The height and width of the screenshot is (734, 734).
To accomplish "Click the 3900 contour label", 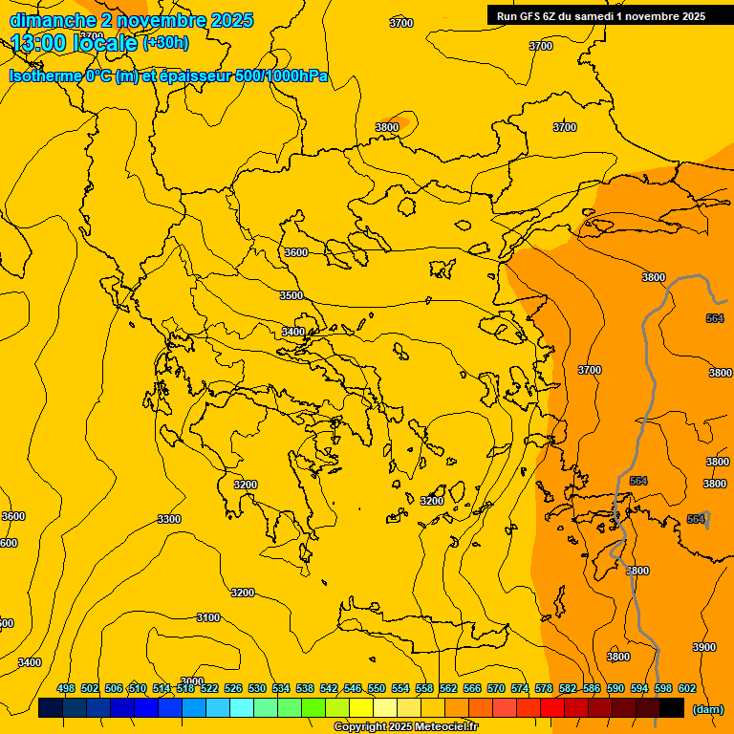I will (x=703, y=647).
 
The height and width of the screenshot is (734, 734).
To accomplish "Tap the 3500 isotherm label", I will (x=291, y=295).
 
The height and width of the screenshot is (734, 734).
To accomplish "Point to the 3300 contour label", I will (x=169, y=519).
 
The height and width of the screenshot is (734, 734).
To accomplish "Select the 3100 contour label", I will (x=208, y=617).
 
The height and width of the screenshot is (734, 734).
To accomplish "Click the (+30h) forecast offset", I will (x=165, y=43).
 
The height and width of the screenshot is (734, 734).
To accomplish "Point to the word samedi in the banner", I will (x=598, y=16).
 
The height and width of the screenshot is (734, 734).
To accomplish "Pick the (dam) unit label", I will (x=707, y=708).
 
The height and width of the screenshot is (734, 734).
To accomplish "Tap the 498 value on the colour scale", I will (x=66, y=688).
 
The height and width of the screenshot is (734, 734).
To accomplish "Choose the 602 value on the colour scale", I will (x=687, y=688).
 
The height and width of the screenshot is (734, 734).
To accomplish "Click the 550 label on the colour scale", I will (x=377, y=688).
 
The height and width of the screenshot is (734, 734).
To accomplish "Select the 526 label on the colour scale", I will (x=233, y=688).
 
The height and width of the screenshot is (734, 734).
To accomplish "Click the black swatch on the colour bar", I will (x=672, y=708).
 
